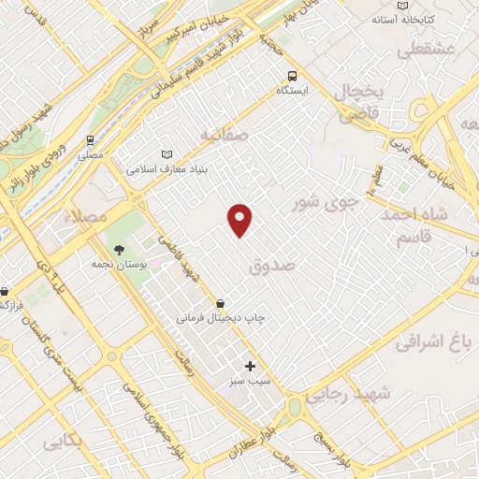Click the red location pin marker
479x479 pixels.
tap(240, 220)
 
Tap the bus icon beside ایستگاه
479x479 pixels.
tap(293, 76)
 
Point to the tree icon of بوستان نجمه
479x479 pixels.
tap(119, 249)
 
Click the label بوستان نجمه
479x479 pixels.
tap(119, 265)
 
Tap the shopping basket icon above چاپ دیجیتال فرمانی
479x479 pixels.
tap(220, 303)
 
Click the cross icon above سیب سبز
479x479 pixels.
tap(250, 366)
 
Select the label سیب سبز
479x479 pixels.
tap(250, 382)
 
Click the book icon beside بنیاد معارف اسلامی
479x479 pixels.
tap(167, 154)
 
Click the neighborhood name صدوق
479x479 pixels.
tap(273, 267)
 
